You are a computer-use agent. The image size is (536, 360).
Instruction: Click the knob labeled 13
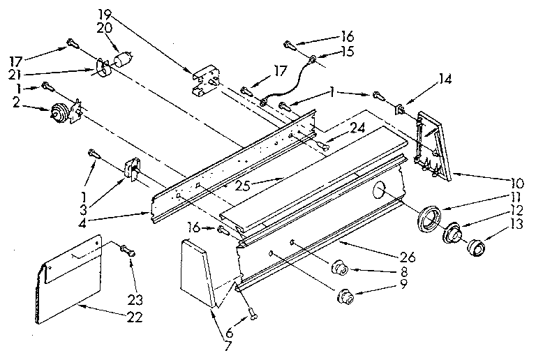pos(477,247)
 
